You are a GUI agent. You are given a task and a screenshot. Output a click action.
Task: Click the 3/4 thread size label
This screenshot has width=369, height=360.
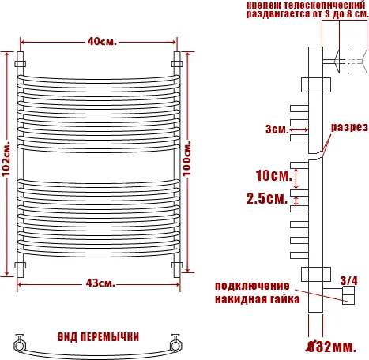click(x=348, y=279)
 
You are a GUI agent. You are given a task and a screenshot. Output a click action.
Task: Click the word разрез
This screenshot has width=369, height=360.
click(x=348, y=127)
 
